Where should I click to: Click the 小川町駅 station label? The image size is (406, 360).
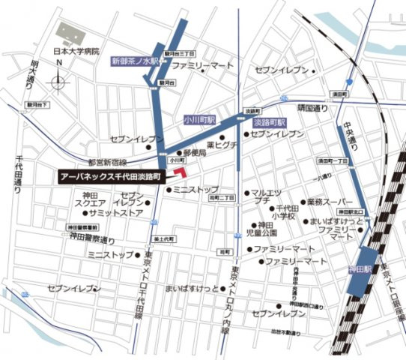(x=200, y=119)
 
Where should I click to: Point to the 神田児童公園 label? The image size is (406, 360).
(x=265, y=229)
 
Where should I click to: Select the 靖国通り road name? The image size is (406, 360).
(x=312, y=108)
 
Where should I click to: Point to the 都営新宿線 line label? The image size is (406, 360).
(x=107, y=161)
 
